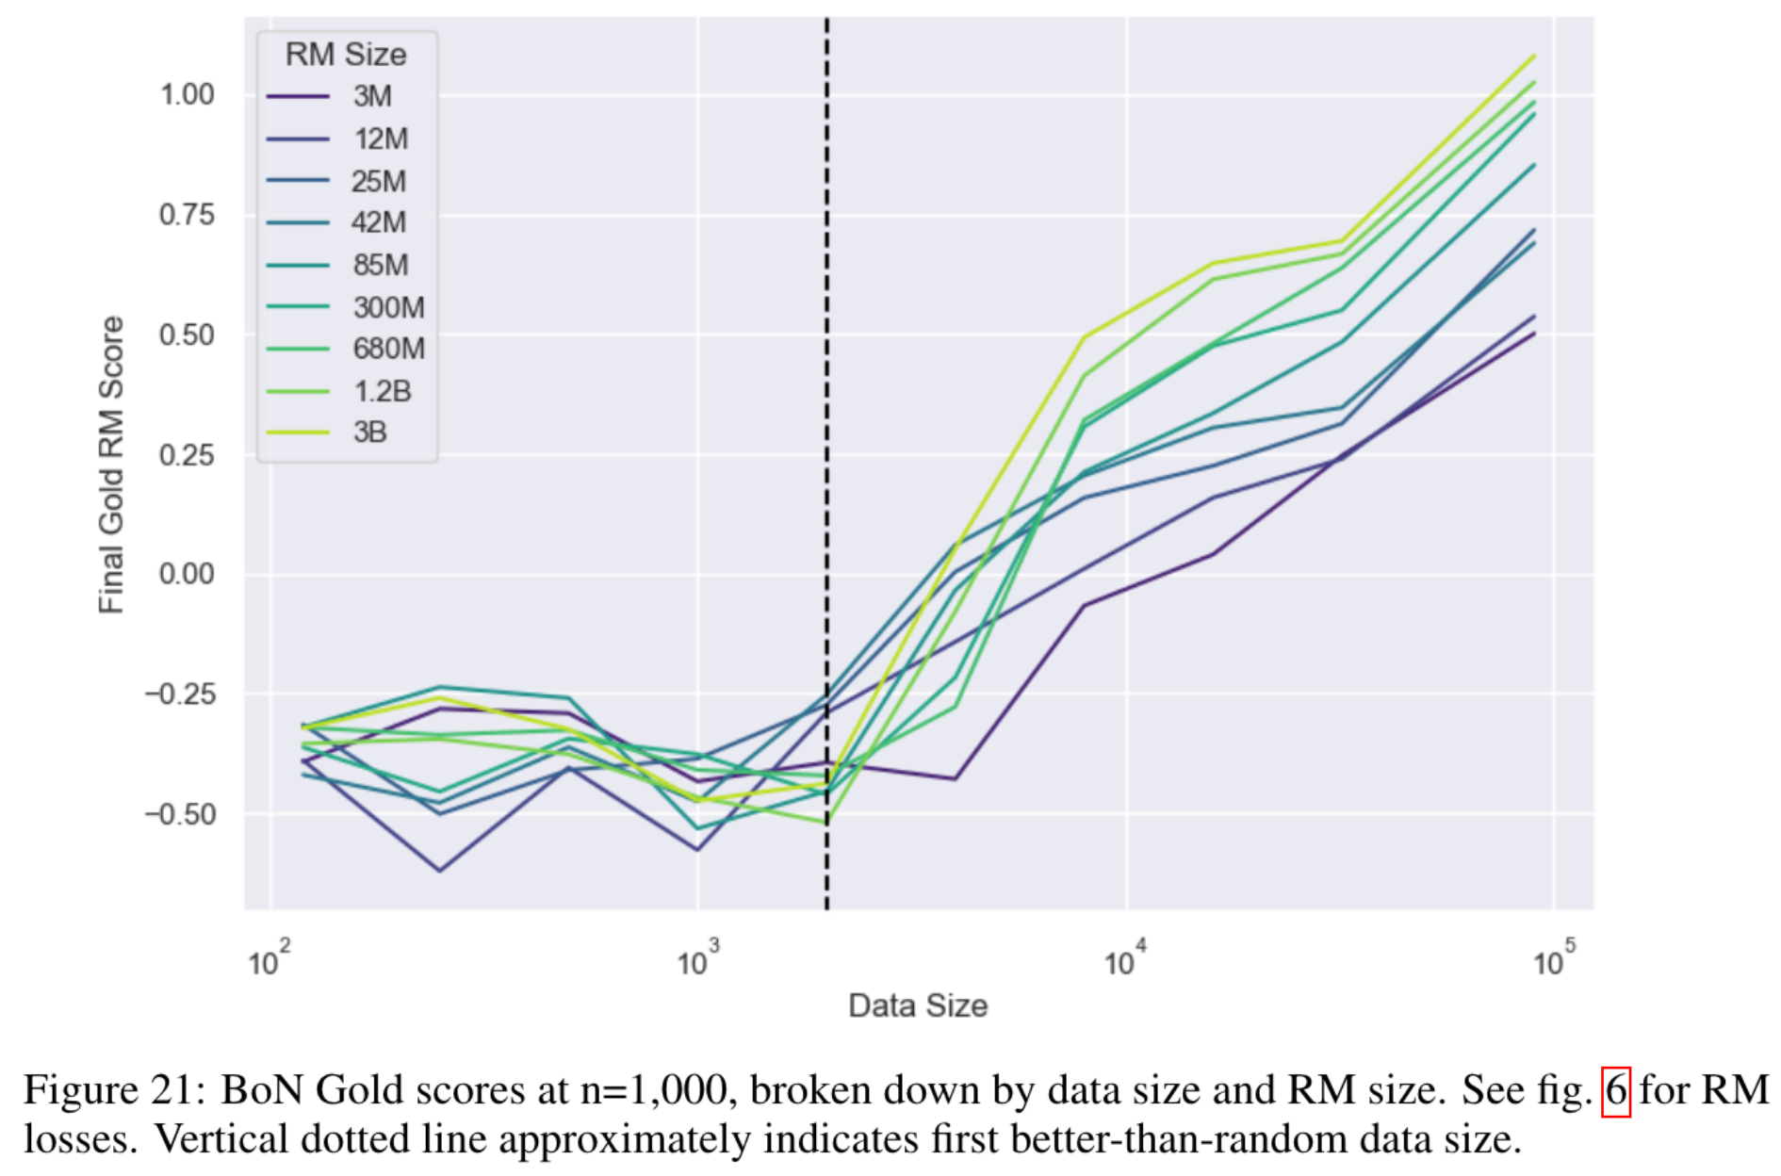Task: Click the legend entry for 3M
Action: click(x=372, y=96)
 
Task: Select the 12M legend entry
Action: click(x=381, y=139)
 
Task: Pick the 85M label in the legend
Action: click(x=381, y=265)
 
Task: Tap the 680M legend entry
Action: click(x=388, y=349)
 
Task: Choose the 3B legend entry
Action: click(x=370, y=433)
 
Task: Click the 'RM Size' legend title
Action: click(x=346, y=55)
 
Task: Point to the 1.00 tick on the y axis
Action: click(x=187, y=94)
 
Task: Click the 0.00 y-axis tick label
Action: click(x=187, y=573)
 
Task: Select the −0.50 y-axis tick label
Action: click(x=179, y=813)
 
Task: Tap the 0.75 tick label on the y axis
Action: click(x=187, y=214)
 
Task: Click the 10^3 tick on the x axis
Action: click(x=697, y=961)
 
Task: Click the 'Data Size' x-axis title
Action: click(x=918, y=1005)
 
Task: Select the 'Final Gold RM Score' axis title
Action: click(x=111, y=465)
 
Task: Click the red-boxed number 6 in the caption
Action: click(x=1616, y=1091)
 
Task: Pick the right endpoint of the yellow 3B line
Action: click(x=1535, y=56)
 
